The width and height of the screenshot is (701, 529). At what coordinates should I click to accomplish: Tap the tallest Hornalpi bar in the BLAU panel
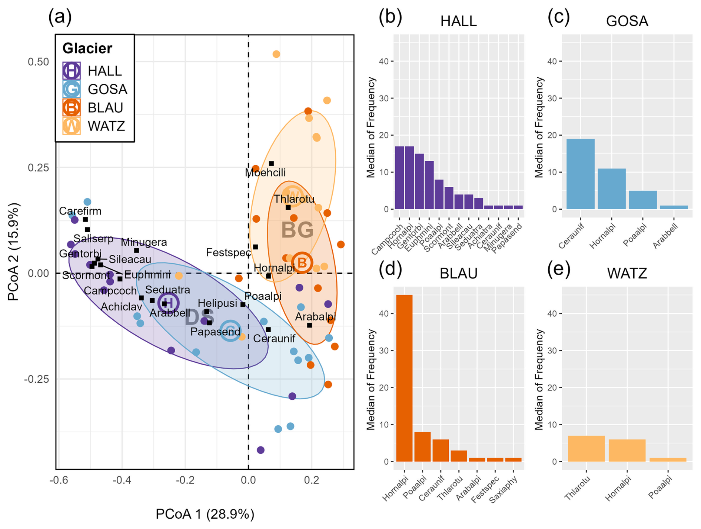pyautogui.click(x=404, y=378)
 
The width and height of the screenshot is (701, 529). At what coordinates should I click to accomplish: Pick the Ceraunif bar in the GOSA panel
pyautogui.click(x=580, y=174)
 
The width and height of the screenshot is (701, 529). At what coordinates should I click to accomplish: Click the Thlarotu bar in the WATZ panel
pyautogui.click(x=586, y=449)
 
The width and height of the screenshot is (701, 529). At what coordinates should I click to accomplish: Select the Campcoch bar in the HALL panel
pyautogui.click(x=399, y=178)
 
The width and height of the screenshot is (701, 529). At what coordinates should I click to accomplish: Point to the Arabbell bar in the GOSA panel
pyautogui.click(x=674, y=207)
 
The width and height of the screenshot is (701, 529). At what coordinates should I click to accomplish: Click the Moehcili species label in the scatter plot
pyautogui.click(x=265, y=173)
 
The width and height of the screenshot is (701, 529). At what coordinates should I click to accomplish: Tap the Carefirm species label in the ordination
pyautogui.click(x=80, y=211)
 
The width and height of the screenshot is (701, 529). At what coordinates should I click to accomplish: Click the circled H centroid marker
pyautogui.click(x=168, y=303)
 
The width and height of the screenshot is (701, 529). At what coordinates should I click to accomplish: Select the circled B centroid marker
pyautogui.click(x=302, y=263)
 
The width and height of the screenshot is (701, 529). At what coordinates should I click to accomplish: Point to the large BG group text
pyautogui.click(x=297, y=230)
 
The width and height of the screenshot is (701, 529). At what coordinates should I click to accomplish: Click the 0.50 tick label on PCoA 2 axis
pyautogui.click(x=38, y=61)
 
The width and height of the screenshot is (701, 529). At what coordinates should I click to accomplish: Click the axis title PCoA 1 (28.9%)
pyautogui.click(x=205, y=515)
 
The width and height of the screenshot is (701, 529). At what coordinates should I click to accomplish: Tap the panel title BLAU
pyautogui.click(x=458, y=273)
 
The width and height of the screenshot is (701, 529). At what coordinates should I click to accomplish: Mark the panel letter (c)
pyautogui.click(x=558, y=17)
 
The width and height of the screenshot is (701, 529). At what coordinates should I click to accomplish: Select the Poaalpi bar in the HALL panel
pyautogui.click(x=439, y=194)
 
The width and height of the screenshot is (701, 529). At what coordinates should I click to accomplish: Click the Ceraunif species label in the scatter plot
pyautogui.click(x=274, y=339)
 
